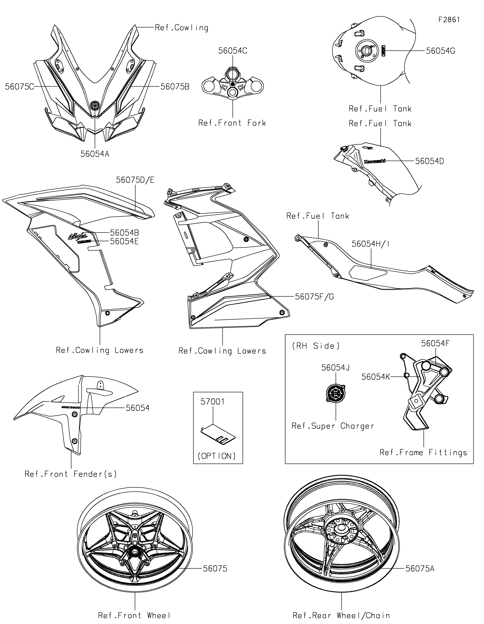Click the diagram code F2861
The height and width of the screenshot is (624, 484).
[x=449, y=20]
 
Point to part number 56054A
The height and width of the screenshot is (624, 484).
[x=95, y=154]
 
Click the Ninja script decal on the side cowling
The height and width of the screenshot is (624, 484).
[x=77, y=236]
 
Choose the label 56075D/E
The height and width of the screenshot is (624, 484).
[x=135, y=180]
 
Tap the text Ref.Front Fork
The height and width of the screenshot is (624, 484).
[x=232, y=123]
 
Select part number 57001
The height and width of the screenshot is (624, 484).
[x=212, y=402]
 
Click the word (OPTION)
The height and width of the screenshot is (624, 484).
[x=217, y=456]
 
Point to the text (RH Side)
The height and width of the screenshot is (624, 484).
[x=316, y=346]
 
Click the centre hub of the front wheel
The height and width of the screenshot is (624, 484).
[x=134, y=552]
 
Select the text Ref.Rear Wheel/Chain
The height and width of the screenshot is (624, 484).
[x=341, y=615]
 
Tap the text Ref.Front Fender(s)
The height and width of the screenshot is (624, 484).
[x=71, y=474]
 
